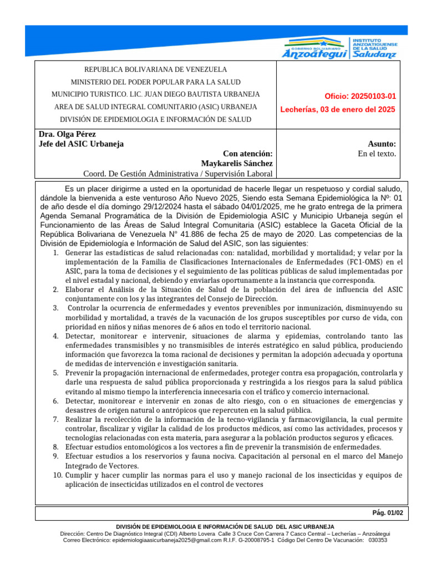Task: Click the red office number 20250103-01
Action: (361, 96)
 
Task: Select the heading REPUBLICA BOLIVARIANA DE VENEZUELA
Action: (155, 70)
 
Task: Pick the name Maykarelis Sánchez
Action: (237, 163)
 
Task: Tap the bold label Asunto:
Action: (382, 144)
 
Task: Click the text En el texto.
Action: (377, 154)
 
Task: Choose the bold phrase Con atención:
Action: (247, 154)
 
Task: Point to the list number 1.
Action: (56, 253)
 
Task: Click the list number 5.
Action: (56, 373)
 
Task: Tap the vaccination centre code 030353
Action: (378, 540)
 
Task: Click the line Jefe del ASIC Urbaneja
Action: (82, 144)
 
